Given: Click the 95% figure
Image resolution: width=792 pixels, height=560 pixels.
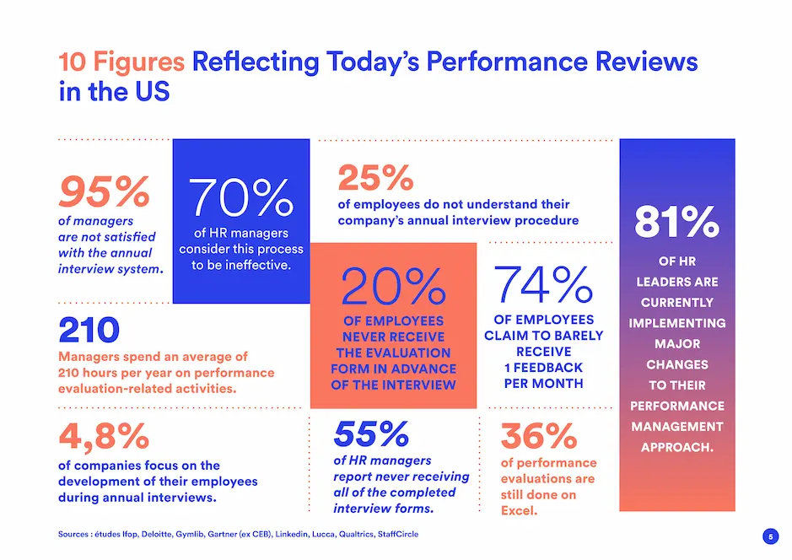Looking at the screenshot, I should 103,192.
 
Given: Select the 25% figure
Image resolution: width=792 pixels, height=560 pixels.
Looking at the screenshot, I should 375,178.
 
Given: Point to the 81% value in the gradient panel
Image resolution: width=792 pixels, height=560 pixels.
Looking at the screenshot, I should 676,223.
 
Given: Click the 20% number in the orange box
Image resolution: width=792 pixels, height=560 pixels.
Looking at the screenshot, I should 393,288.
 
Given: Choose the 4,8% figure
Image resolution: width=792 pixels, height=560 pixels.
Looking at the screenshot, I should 104,436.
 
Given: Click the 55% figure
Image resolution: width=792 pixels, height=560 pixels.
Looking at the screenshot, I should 371,434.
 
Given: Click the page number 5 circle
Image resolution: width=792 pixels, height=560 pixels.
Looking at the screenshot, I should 769,536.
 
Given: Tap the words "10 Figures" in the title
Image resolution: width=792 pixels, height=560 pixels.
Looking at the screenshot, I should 121,62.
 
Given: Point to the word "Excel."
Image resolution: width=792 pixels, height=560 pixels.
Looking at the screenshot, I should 520,511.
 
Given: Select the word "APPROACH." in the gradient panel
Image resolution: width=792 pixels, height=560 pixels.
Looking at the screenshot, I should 676,447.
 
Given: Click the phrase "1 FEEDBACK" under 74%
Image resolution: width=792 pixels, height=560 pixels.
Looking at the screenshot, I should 543,367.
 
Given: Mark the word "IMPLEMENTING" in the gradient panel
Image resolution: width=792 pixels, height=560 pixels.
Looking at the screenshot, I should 676,323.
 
